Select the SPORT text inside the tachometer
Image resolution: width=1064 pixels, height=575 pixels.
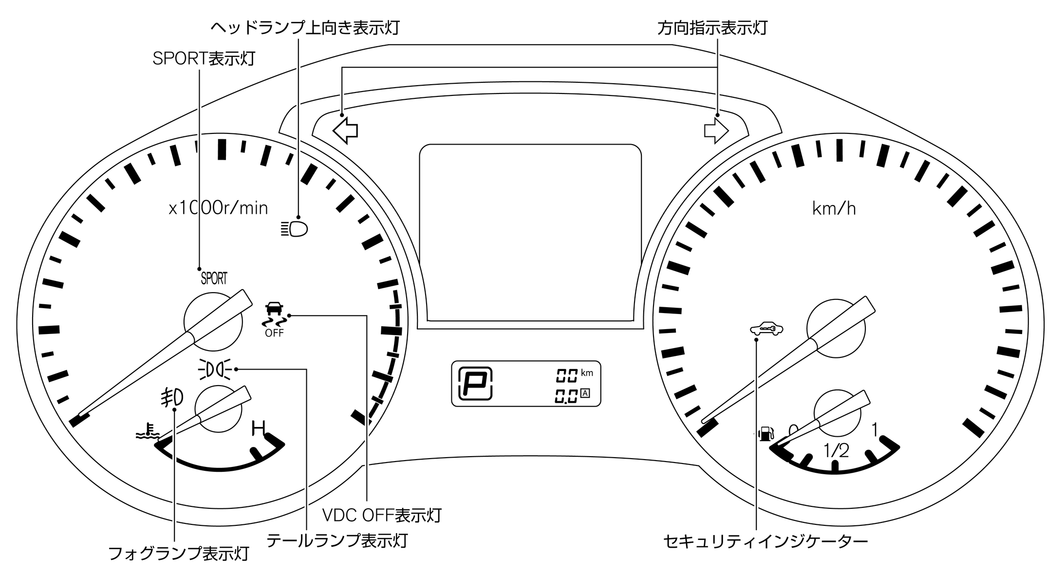pyautogui.click(x=214, y=278)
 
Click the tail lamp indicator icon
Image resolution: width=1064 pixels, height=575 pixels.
pyautogui.click(x=215, y=370)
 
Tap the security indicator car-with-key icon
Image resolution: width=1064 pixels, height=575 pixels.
pyautogui.click(x=766, y=329)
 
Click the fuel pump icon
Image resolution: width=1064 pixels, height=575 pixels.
pyautogui.click(x=766, y=433)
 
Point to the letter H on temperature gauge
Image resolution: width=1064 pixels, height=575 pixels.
pyautogui.click(x=258, y=428)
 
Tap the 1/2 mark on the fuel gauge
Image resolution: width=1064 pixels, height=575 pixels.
pyautogui.click(x=836, y=451)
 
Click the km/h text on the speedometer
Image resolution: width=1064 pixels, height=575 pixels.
pyautogui.click(x=834, y=209)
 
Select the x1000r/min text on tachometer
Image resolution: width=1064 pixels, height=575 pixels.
pyautogui.click(x=218, y=208)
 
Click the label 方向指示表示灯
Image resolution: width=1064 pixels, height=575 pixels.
pyautogui.click(x=712, y=28)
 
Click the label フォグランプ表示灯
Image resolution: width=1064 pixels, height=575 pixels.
pyautogui.click(x=178, y=554)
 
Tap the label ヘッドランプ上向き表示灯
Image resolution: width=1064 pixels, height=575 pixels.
pyautogui.click(x=304, y=28)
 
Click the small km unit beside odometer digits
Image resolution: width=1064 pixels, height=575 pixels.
pyautogui.click(x=587, y=373)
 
